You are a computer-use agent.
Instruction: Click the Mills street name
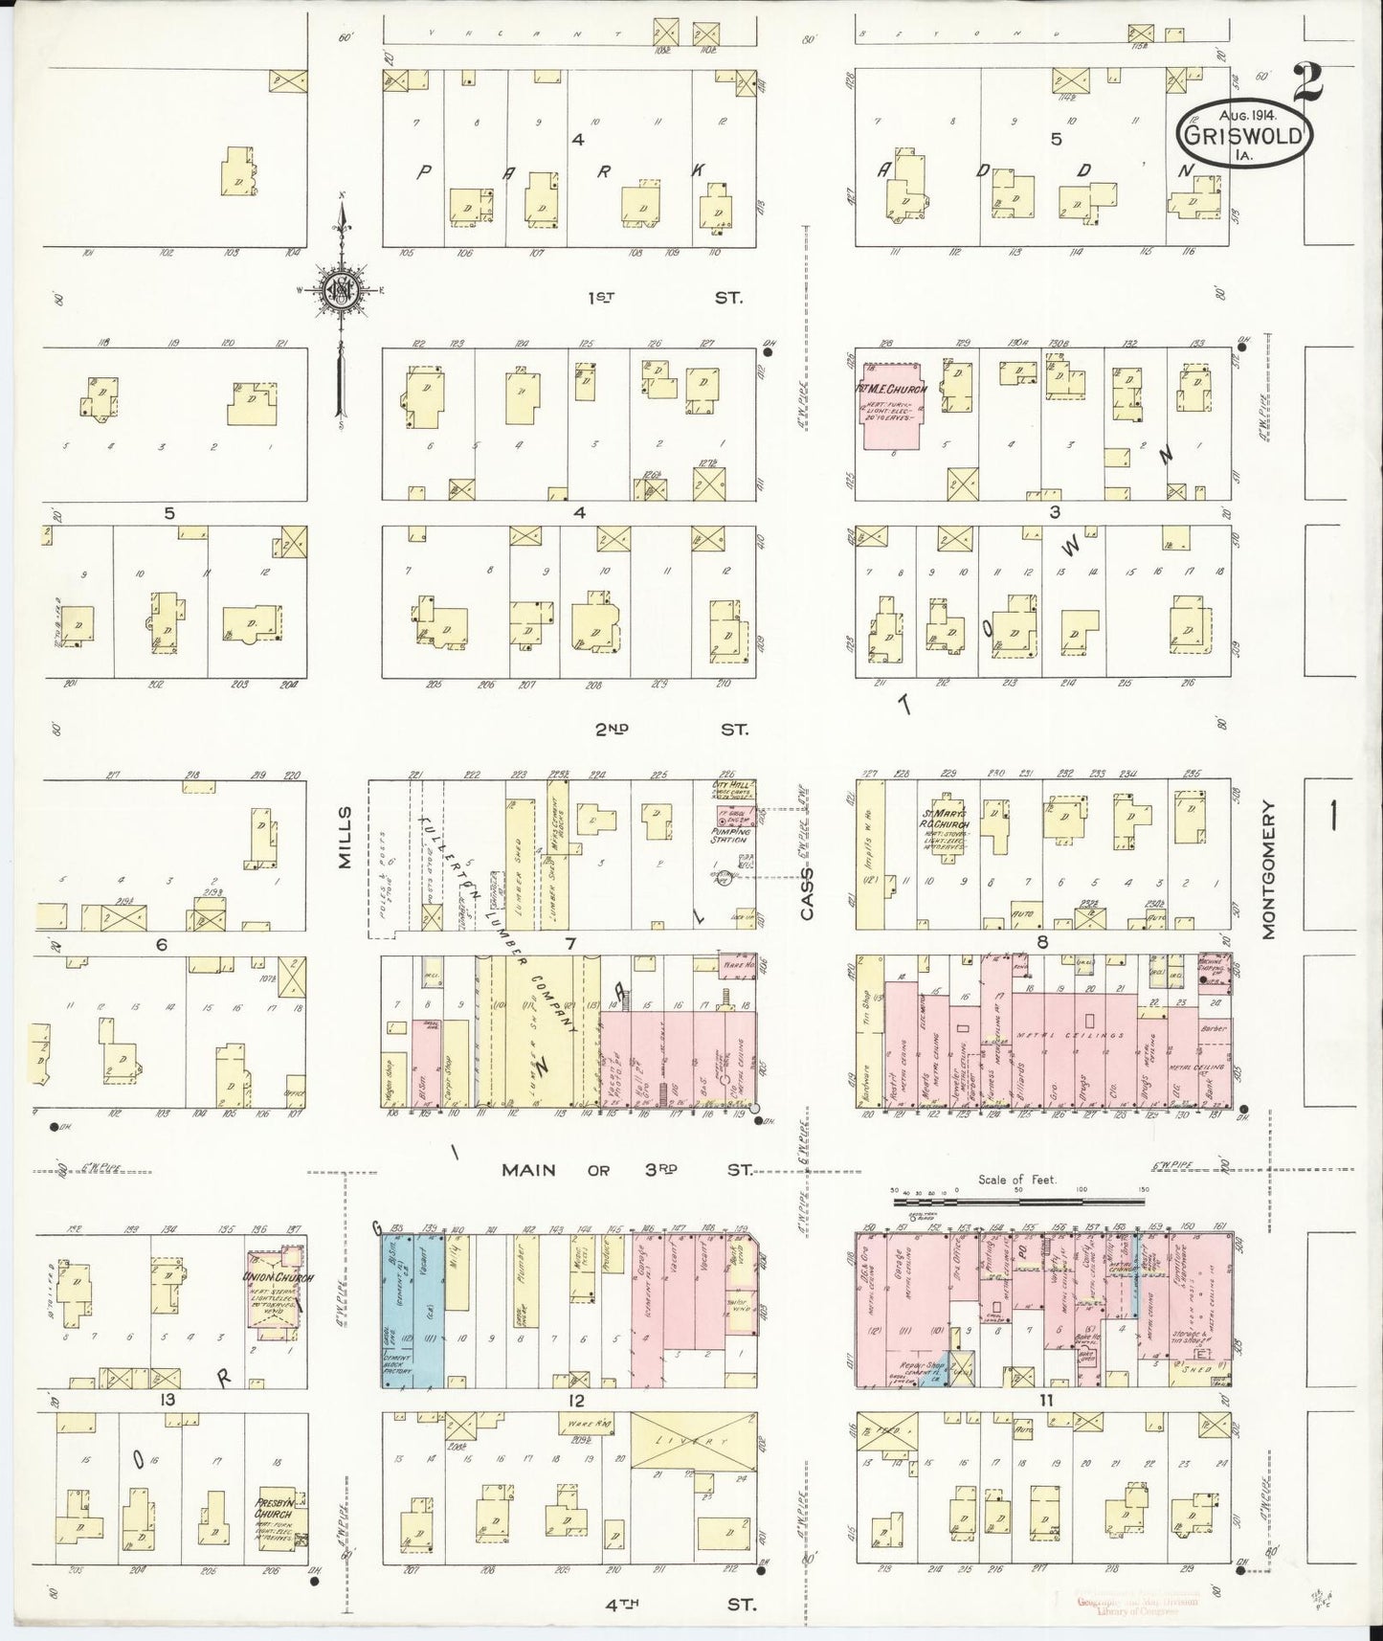coord(346,838)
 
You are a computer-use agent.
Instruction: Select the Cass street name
coord(807,894)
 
